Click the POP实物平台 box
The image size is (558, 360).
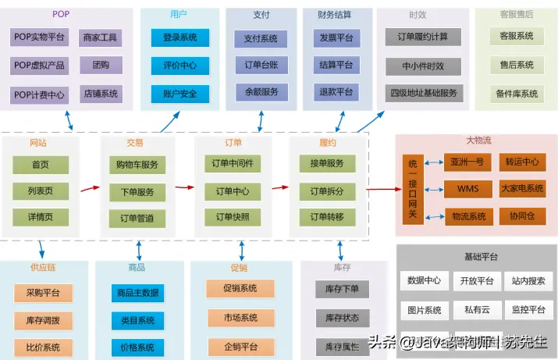pyautogui.click(x=40, y=37)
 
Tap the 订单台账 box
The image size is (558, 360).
pyautogui.click(x=261, y=64)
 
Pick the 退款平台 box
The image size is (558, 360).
pyautogui.click(x=336, y=91)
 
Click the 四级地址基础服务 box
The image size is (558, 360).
pyautogui.click(x=423, y=93)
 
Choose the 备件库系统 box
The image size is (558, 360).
pyautogui.click(x=516, y=94)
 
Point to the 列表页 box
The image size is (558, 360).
pyautogui.click(x=41, y=191)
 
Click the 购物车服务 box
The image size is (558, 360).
pyautogui.click(x=137, y=165)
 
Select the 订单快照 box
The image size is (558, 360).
pyautogui.click(x=232, y=217)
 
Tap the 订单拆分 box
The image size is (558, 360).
pyautogui.click(x=327, y=191)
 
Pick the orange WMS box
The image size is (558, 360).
pyautogui.click(x=468, y=189)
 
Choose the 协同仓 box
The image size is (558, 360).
pyautogui.click(x=522, y=216)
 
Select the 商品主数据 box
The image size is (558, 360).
pyautogui.click(x=137, y=293)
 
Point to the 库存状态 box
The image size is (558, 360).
pyautogui.click(x=342, y=318)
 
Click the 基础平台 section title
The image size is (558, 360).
pyautogui.click(x=477, y=257)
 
